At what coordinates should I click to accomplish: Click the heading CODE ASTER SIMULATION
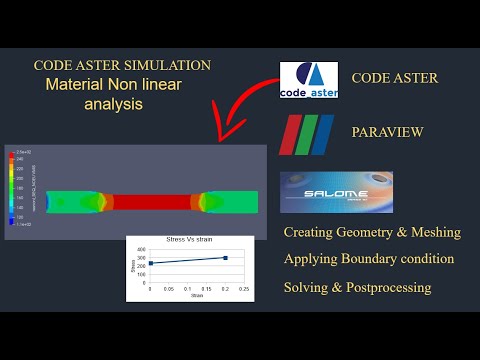pos(122,65)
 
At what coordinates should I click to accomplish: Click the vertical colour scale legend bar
pos(13,187)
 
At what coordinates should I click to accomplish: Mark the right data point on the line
pos(225,258)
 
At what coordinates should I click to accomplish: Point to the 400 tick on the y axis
pos(140,248)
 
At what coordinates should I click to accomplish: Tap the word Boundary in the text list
pos(375,259)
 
